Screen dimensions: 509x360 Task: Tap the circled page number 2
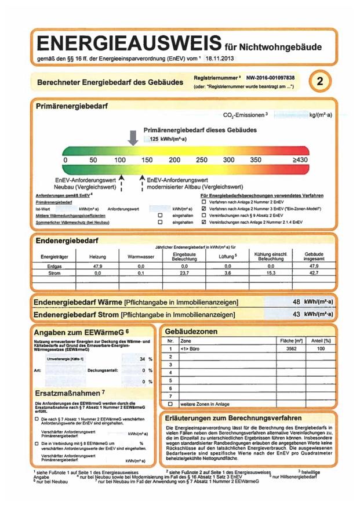[319, 82]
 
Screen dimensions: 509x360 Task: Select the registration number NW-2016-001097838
[270, 78]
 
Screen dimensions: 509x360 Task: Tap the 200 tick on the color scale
[174, 159]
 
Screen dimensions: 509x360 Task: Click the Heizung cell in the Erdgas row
[97, 265]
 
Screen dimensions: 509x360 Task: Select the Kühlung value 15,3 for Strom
[271, 272]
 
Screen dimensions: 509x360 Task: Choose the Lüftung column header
[228, 256]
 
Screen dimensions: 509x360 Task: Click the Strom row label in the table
[48, 272]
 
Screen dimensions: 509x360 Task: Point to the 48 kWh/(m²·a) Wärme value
[312, 302]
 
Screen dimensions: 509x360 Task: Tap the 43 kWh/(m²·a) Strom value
[312, 314]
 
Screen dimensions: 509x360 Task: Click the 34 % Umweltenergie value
[143, 359]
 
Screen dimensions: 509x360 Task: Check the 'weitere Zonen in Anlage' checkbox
[170, 403]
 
